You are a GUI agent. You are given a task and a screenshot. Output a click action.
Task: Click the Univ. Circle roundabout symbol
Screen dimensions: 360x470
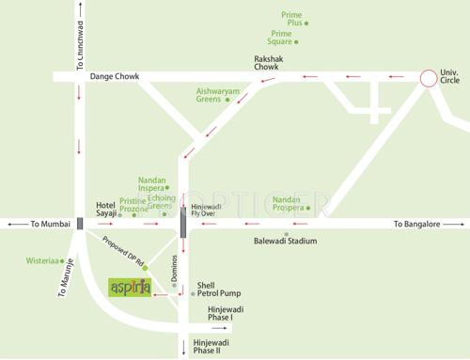pos(429,78)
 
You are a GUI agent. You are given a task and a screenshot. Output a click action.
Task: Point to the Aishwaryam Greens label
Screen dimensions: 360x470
pos(217,95)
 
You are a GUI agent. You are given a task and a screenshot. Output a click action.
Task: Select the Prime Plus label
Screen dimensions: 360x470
pos(292,19)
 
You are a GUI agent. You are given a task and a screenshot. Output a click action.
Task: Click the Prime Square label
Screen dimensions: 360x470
pos(281,38)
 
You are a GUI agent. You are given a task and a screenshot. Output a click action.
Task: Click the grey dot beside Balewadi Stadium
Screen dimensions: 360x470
pos(287,232)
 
